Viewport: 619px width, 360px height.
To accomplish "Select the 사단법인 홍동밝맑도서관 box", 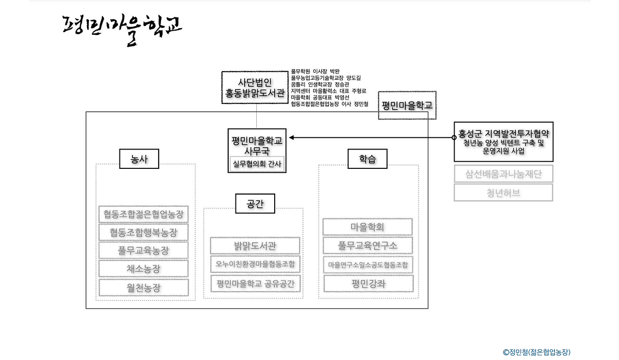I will point(254,87).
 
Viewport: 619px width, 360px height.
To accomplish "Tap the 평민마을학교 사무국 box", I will point(257,145).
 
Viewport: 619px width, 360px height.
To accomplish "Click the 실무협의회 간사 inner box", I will point(257,164).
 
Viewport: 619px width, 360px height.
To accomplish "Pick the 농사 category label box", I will point(139,159).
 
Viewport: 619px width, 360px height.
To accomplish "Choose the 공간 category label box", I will point(255,204).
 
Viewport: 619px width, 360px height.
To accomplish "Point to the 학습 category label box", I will point(368,159).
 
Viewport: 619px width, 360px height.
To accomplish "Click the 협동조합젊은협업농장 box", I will point(144,214).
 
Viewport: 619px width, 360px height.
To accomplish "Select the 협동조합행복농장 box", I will point(144,233).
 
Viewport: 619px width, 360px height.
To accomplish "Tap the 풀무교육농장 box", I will point(144,251).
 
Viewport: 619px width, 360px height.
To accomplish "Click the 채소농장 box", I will point(144,269).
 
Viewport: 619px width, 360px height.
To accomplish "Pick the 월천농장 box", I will point(144,287).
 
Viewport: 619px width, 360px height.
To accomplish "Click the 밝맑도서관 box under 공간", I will point(255,246).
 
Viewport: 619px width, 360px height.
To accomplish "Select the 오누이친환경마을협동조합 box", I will point(255,264).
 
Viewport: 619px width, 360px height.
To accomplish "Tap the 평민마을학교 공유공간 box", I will point(255,284).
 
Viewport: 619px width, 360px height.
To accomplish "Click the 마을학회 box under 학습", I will point(368,227).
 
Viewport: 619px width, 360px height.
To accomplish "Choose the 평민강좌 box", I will point(368,284).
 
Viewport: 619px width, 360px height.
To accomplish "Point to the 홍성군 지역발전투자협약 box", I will point(503,141).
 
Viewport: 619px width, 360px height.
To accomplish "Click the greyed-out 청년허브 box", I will point(503,193).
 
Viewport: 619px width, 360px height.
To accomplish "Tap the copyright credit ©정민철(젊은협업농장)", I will point(536,352).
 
